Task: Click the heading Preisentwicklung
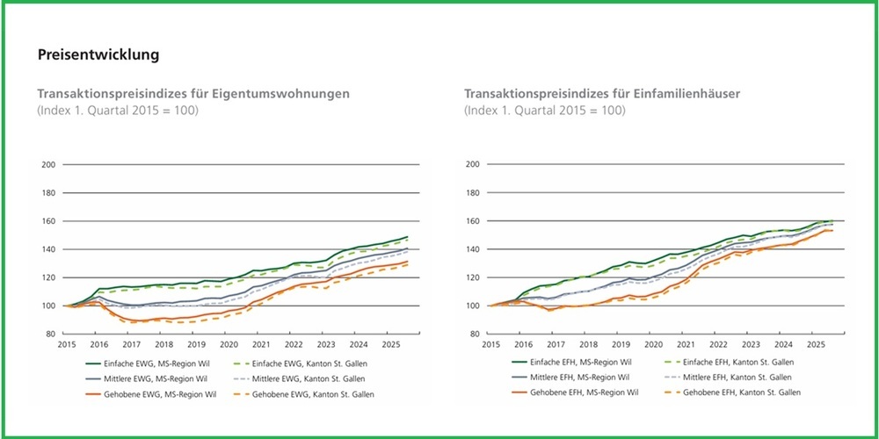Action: click(x=98, y=55)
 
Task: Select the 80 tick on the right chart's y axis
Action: click(x=473, y=335)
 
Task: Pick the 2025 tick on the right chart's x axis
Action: click(x=815, y=345)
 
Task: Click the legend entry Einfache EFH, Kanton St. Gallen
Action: click(x=731, y=363)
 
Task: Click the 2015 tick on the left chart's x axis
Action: click(x=66, y=345)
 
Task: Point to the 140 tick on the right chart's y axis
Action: click(x=473, y=249)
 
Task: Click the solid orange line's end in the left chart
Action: click(x=408, y=262)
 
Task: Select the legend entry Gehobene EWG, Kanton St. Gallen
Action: click(x=309, y=394)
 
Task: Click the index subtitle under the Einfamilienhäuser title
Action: click(x=544, y=111)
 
